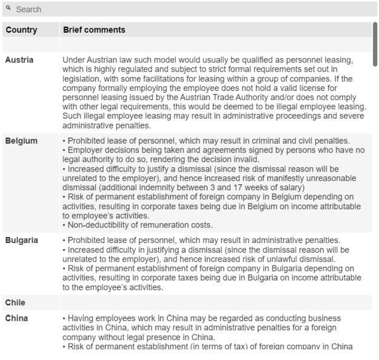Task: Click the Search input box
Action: [x=194, y=10]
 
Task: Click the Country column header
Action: [x=21, y=30]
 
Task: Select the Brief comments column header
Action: [x=94, y=30]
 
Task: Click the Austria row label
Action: [x=19, y=60]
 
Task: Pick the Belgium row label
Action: [x=21, y=141]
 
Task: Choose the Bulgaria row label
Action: [x=22, y=240]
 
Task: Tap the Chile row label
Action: [x=15, y=302]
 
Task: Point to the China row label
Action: [x=16, y=318]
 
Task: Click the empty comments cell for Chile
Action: [x=215, y=302]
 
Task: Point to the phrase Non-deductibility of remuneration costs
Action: [x=140, y=225]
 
